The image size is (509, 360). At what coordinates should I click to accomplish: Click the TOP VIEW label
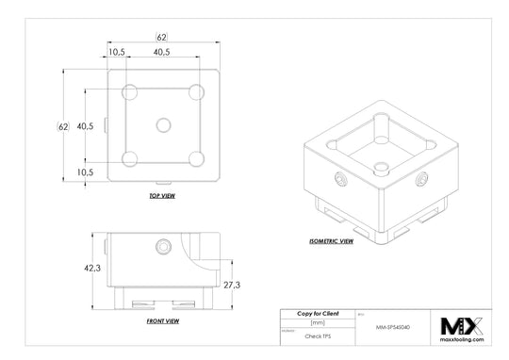point(162,196)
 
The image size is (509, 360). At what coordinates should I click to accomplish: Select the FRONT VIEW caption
point(162,320)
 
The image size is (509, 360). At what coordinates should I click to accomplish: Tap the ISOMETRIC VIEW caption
point(332,241)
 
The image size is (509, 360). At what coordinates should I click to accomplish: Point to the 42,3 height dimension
point(92,269)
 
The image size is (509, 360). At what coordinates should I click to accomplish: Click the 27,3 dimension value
point(231,284)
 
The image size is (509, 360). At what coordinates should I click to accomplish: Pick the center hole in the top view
point(163,124)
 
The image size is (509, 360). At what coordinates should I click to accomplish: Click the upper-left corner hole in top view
point(130,91)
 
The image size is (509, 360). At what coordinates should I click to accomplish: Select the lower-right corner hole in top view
point(196,157)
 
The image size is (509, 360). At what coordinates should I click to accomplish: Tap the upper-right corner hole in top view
point(196,91)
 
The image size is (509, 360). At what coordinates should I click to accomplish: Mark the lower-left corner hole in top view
point(130,157)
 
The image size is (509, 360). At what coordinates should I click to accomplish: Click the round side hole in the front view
point(163,248)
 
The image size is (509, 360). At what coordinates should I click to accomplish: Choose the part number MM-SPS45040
point(394,327)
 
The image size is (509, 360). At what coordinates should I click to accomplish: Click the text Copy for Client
point(318,312)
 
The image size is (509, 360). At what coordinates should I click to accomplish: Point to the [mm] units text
point(317,322)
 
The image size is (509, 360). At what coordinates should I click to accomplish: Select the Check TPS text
point(318,334)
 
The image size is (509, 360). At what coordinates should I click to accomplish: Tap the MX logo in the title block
point(462,326)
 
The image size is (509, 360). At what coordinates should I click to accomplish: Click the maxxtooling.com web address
point(462,342)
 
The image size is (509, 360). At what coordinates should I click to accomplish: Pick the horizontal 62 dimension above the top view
point(161,37)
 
